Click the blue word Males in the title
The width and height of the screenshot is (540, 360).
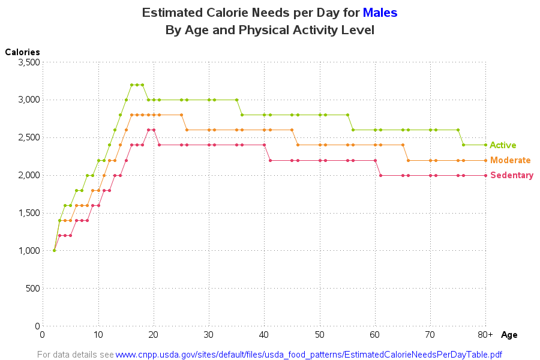(x=380, y=13)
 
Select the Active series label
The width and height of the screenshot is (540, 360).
(x=503, y=145)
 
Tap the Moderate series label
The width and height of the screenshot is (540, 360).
(x=510, y=160)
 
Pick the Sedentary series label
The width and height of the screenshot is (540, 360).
(x=512, y=175)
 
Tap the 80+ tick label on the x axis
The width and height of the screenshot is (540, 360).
(x=485, y=334)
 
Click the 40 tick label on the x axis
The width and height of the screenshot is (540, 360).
(x=264, y=334)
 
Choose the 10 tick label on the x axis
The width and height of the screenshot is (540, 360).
(x=98, y=334)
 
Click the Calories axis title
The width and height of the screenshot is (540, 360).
(x=23, y=52)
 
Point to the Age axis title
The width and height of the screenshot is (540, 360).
(x=509, y=335)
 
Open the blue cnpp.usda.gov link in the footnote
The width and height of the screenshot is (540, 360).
(x=308, y=354)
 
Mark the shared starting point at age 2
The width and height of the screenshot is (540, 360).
(x=54, y=250)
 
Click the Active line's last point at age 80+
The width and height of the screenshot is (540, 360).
(x=485, y=145)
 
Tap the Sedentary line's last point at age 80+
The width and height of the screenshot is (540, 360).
(x=485, y=175)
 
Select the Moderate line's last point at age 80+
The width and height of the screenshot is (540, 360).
(x=485, y=160)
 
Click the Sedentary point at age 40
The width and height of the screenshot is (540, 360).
(x=264, y=145)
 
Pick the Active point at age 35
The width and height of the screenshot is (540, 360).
(x=236, y=100)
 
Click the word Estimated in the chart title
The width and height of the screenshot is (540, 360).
(x=171, y=13)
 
